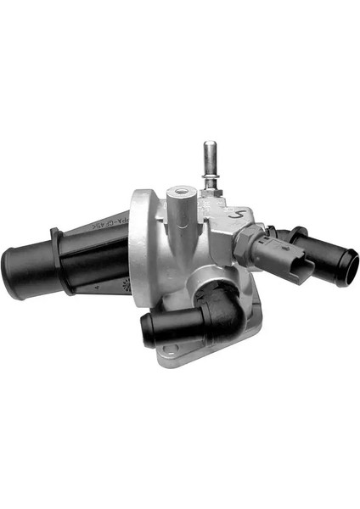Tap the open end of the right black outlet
pyautogui.click(x=343, y=268)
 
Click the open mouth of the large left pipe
pyautogui.click(x=16, y=271)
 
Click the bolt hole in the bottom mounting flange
pyautogui.click(x=171, y=350)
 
